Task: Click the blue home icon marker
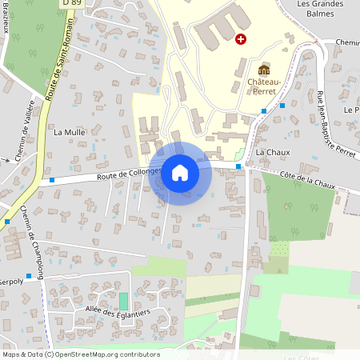179,173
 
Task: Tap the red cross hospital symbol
241,38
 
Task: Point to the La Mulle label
69,131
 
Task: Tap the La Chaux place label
272,151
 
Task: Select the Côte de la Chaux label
309,179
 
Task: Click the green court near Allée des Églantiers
123,301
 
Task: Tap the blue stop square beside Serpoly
29,276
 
